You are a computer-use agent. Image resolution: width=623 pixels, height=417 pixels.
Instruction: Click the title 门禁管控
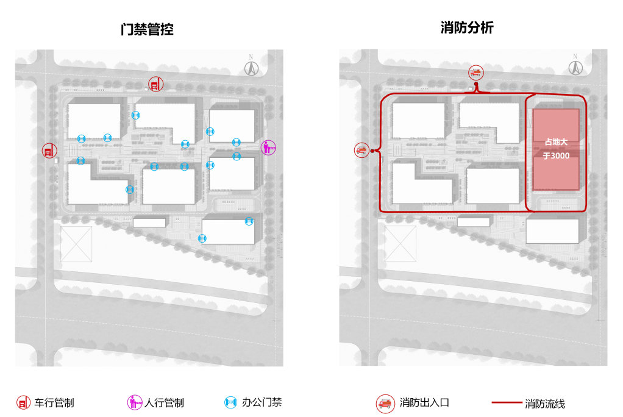tap(147, 29)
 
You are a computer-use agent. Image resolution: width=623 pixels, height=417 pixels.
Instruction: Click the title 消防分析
tap(467, 28)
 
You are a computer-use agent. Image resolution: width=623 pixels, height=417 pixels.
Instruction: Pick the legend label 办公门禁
tap(262, 402)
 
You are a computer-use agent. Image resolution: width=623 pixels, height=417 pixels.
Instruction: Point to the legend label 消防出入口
tap(425, 403)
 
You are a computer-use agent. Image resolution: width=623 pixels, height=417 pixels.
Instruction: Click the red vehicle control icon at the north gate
tap(156, 84)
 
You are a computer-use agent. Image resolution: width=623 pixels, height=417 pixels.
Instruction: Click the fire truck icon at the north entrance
tap(476, 73)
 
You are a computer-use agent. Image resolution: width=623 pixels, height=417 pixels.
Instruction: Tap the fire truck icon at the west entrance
tap(361, 150)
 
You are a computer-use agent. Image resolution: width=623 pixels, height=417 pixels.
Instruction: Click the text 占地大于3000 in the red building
tap(556, 149)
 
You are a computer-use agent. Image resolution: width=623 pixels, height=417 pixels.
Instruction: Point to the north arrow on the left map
tap(251, 66)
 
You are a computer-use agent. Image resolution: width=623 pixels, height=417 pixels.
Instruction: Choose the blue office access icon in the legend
tap(230, 402)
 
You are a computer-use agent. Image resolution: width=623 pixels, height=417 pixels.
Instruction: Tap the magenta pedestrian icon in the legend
tap(134, 402)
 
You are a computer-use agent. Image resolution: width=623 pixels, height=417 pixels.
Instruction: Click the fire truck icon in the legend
tap(385, 403)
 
